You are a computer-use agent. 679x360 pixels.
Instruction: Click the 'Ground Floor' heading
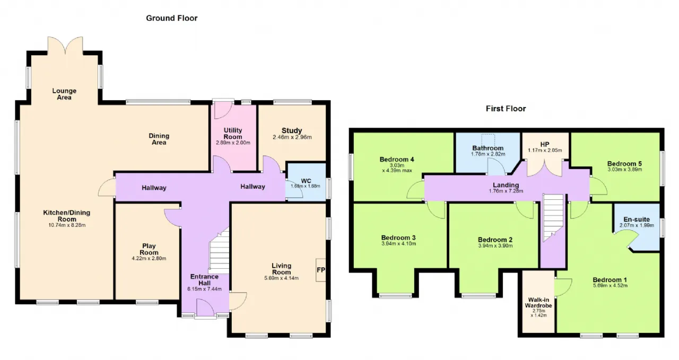click(x=171, y=18)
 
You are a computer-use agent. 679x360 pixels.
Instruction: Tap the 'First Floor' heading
click(x=506, y=109)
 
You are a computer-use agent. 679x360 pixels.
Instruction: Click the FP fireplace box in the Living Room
click(x=321, y=270)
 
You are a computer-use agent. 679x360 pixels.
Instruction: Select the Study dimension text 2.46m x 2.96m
click(x=292, y=137)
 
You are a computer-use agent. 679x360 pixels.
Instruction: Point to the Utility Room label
click(x=233, y=133)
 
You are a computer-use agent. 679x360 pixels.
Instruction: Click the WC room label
click(x=306, y=181)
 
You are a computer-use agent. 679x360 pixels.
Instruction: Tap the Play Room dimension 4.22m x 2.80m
click(x=149, y=259)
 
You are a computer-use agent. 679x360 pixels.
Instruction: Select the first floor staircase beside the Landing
click(x=553, y=217)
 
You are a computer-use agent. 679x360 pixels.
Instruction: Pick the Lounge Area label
click(x=64, y=94)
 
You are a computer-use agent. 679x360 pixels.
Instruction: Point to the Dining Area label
click(x=159, y=139)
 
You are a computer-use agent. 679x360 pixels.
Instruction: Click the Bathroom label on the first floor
click(x=488, y=148)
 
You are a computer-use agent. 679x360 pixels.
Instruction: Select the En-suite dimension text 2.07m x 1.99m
click(x=637, y=225)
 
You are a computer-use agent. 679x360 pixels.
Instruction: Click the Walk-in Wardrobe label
click(x=538, y=303)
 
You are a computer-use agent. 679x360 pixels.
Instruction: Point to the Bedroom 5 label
click(x=624, y=164)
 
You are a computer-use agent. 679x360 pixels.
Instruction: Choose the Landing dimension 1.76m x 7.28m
click(x=506, y=191)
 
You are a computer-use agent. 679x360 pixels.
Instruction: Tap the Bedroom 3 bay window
click(x=395, y=295)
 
